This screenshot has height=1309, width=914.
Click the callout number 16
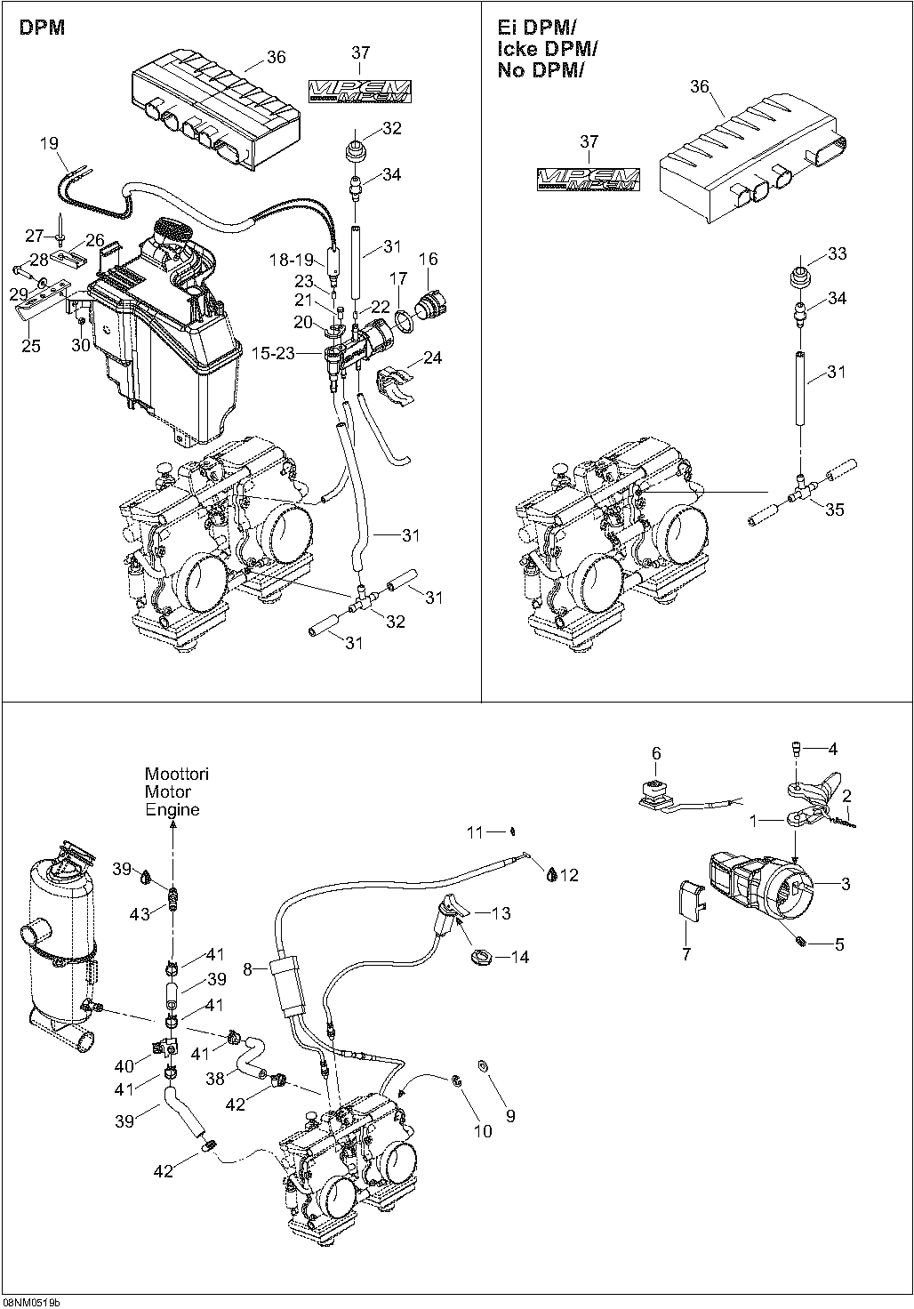pos(429,259)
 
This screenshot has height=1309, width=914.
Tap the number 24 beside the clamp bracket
pos(433,358)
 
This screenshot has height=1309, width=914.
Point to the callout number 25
pos(31,346)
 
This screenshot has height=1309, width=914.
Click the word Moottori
pos(177,775)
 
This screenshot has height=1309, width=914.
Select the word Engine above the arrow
pos(172,810)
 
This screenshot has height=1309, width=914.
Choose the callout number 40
pos(124,1066)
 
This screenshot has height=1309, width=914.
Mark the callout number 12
pos(569,876)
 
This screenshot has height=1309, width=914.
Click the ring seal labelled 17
pos(405,317)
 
